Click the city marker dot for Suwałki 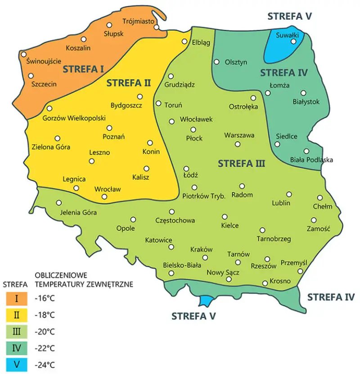point(293,41)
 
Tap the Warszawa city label point(239,135)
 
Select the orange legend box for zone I point(16,298)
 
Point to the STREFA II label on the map point(128,83)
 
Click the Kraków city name point(202,249)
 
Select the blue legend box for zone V point(16,365)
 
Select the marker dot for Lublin point(289,194)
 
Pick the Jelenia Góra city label point(78,213)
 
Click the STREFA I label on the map point(84,69)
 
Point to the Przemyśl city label point(293,262)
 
